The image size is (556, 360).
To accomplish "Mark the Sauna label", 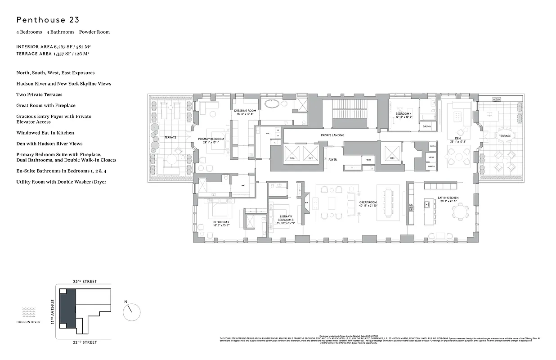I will pyautogui.click(x=427, y=127).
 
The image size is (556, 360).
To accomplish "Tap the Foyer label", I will pyautogui.click(x=332, y=159).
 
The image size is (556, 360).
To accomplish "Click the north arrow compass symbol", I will pyautogui.click(x=131, y=311).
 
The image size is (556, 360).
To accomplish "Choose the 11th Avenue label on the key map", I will pyautogui.click(x=52, y=311).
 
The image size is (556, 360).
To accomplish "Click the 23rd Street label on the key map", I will pyautogui.click(x=85, y=281).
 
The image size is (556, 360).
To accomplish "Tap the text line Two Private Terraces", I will pyautogui.click(x=39, y=94).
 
